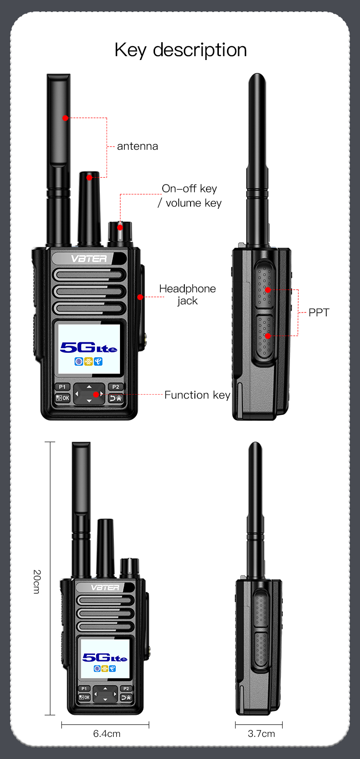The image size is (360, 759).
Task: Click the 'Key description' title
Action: (180, 50)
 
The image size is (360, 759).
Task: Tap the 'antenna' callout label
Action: (137, 146)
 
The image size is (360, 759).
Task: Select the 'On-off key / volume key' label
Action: (190, 196)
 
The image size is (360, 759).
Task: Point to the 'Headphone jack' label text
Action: (187, 294)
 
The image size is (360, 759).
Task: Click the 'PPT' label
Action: (319, 313)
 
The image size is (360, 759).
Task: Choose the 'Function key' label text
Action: (197, 395)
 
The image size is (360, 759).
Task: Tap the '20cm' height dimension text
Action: (37, 582)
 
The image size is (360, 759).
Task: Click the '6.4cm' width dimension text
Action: (107, 734)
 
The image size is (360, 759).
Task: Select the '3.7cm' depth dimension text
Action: (261, 734)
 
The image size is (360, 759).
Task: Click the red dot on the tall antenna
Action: (65, 118)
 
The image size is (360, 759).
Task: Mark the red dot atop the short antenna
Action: (89, 178)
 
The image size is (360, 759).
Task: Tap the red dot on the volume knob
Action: (120, 227)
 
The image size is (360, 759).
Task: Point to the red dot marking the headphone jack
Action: (140, 297)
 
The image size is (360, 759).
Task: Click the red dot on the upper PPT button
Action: (268, 290)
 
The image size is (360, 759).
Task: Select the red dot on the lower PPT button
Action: (268, 336)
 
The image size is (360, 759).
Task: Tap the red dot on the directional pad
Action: (96, 395)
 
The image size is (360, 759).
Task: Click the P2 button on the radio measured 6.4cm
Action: (126, 688)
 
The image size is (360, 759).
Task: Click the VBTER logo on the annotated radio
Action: (89, 259)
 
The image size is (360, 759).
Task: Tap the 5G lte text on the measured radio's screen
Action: (105, 657)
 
